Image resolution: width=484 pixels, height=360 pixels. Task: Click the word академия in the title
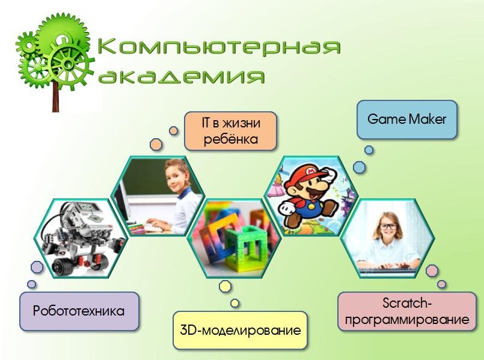pyautogui.click(x=182, y=75)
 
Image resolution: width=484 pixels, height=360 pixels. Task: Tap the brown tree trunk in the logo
pyautogui.click(x=55, y=96)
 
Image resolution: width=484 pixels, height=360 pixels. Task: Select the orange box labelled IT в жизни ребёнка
pyautogui.click(x=230, y=131)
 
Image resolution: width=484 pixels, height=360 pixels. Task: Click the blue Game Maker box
pyautogui.click(x=407, y=120)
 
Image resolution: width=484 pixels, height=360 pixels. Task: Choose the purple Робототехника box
pyautogui.click(x=79, y=311)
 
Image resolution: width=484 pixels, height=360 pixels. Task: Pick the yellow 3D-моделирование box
pyautogui.click(x=240, y=331)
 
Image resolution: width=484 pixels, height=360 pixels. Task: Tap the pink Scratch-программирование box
pyautogui.click(x=407, y=311)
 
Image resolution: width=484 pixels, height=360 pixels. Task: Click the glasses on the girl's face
pyautogui.click(x=388, y=227)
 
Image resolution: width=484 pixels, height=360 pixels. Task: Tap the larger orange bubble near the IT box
pyautogui.click(x=156, y=144)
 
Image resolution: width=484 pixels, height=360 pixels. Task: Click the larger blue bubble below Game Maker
pyautogui.click(x=360, y=167)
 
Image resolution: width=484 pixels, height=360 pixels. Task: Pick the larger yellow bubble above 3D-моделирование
pyautogui.click(x=225, y=286)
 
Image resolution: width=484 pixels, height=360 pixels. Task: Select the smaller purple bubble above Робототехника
pyautogui.click(x=31, y=284)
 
